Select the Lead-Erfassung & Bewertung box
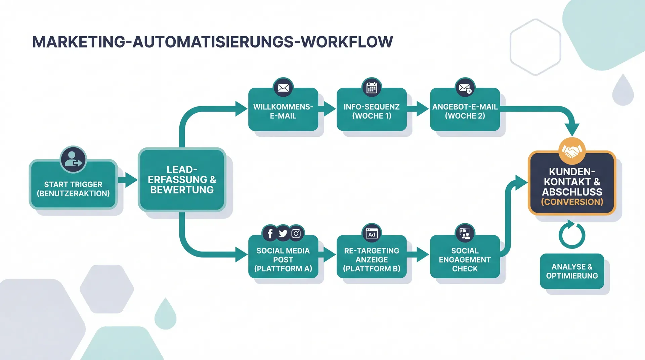point(182,180)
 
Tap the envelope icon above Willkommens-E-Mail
point(283,88)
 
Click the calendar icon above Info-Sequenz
point(372,88)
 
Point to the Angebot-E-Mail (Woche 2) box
point(465,111)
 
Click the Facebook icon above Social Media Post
point(270,233)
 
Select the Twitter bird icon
point(283,233)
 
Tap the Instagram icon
point(296,233)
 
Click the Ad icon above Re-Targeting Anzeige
point(372,233)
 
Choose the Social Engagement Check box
point(465,259)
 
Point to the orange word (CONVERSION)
point(572,202)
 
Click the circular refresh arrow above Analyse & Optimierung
point(572,235)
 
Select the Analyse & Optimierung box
point(572,271)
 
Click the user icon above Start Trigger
point(73,160)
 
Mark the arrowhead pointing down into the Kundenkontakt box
point(572,129)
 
